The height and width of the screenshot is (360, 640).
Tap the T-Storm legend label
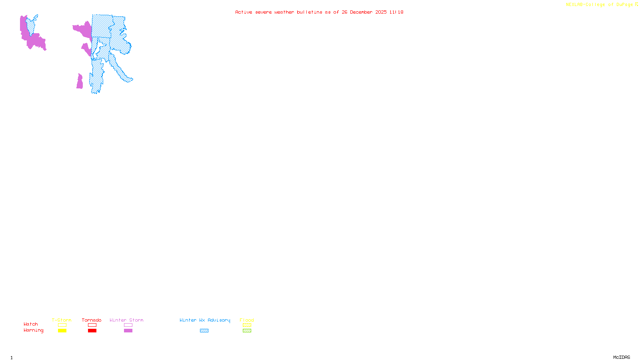pos(62,320)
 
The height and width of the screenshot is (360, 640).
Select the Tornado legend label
pos(92,320)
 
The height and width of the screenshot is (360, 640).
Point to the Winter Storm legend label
pos(126,320)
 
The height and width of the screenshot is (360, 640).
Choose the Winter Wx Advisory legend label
pos(205,320)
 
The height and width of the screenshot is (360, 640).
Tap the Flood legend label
pos(247,320)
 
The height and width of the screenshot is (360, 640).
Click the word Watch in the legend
pos(31,324)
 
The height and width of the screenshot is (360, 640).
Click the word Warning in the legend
pos(34,330)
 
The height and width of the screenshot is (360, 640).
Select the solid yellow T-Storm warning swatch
pos(62,331)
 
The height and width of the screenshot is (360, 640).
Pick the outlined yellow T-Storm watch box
pos(62,325)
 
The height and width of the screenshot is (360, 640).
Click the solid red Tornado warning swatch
pos(92,331)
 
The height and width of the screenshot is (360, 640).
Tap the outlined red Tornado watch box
pos(92,325)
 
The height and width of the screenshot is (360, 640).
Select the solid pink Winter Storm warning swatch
pos(128,331)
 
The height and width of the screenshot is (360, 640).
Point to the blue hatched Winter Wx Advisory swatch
pos(204,331)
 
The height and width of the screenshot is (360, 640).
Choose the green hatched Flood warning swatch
pos(247,331)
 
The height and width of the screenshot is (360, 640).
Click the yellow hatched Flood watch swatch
pos(247,325)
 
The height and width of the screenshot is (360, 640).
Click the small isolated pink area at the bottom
pos(80,82)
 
